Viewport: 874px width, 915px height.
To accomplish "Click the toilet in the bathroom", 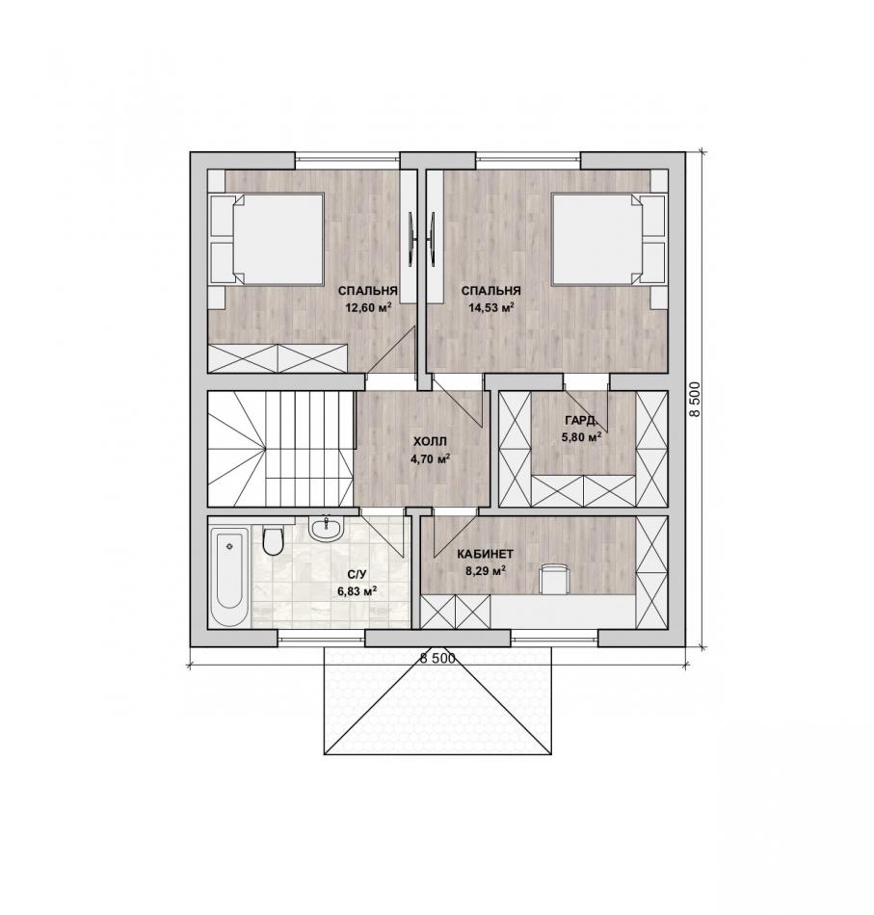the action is (x=273, y=540).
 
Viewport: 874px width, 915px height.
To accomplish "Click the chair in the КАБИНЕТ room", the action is (x=553, y=578).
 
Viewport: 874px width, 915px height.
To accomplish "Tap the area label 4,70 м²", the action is (x=430, y=458).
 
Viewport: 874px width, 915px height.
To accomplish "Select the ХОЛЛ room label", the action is (x=429, y=442).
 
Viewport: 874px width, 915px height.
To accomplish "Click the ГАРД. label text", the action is (x=580, y=420).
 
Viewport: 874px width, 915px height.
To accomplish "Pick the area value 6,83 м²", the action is (x=357, y=591).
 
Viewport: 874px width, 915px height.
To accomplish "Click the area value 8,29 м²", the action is (x=485, y=571).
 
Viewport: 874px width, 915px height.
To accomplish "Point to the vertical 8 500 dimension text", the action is (x=694, y=400).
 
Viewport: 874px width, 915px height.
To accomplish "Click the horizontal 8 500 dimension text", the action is (x=437, y=658).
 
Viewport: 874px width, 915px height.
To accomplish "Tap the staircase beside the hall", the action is (x=280, y=448).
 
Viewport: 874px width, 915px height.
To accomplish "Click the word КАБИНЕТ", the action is (x=485, y=554).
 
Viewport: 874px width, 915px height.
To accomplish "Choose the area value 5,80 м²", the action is (x=581, y=436).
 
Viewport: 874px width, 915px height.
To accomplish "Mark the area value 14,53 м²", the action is (x=491, y=307).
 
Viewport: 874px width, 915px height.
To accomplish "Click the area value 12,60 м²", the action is (x=368, y=307).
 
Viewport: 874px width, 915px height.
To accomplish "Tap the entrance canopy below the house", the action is (x=437, y=700).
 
